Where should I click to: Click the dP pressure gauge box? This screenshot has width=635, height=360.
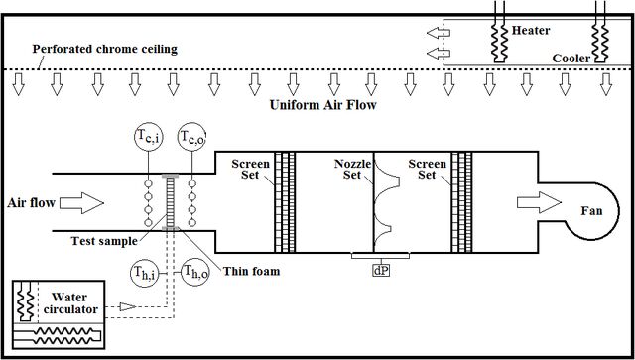coord(381,271)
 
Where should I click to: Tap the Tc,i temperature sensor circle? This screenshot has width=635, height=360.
coord(149,137)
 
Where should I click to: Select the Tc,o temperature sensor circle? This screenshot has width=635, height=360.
coord(191,137)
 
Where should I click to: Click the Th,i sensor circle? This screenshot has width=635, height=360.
coord(145,274)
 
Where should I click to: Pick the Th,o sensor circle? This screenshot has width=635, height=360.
coord(195,274)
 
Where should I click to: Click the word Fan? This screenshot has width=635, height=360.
coord(591,210)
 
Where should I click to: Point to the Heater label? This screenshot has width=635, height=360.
coord(531,31)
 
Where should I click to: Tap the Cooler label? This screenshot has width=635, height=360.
coord(571,59)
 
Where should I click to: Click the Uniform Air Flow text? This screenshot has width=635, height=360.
coord(323,105)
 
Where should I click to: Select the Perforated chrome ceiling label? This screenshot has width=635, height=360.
coord(105,49)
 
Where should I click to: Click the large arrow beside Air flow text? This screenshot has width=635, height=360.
coord(81,203)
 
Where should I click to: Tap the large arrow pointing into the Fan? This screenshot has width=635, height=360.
coord(539,202)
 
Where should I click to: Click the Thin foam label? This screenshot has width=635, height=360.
coord(252,271)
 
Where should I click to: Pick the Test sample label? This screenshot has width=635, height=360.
coord(104,241)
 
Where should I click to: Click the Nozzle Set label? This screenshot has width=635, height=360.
coord(352,170)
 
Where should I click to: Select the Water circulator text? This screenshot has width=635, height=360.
coord(70,303)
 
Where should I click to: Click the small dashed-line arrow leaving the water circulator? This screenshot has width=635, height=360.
coord(128,307)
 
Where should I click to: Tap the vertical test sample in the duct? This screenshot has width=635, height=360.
coord(170,202)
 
